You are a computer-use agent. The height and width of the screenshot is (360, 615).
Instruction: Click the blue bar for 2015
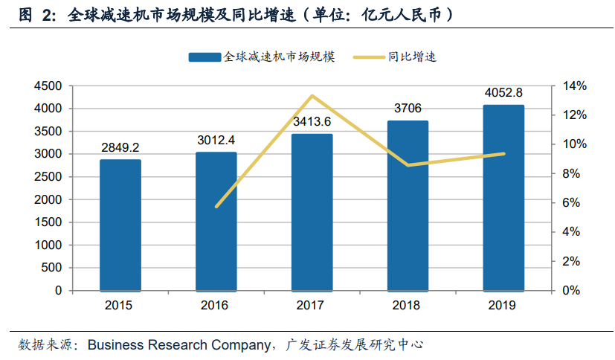120,225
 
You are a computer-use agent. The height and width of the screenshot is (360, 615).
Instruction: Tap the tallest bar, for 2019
503,197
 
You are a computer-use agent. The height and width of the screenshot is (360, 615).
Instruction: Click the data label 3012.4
216,140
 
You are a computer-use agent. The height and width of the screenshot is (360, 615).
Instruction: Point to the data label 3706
408,109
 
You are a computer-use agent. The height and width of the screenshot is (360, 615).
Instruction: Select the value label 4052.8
503,93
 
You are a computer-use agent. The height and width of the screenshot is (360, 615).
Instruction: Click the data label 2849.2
120,147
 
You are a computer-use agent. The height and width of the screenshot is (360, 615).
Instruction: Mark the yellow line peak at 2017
312,96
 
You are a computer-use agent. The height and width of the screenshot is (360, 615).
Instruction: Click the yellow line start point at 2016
216,206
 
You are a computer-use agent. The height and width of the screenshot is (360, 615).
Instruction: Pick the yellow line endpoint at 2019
503,154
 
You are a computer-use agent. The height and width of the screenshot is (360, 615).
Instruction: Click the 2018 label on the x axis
408,305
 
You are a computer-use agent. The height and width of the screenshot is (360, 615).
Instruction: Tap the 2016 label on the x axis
216,305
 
